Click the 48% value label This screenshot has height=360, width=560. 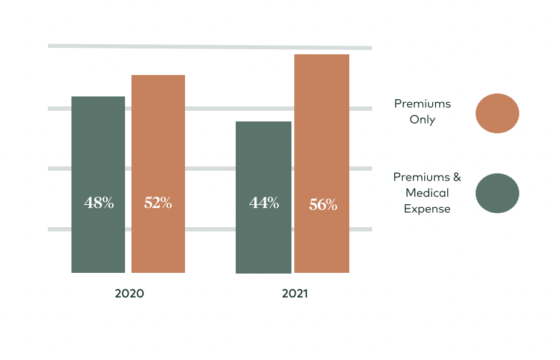[x=99, y=203]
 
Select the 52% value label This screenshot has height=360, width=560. [x=158, y=203]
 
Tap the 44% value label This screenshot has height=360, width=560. [x=264, y=203]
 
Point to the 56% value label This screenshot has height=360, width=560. [x=323, y=205]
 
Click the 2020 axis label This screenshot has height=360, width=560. [x=129, y=294]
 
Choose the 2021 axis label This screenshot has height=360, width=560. [x=294, y=294]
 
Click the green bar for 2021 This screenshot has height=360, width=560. [x=264, y=164]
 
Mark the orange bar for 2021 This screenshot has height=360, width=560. [x=321, y=129]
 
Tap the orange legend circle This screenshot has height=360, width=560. [x=497, y=114]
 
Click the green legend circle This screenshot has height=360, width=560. [x=497, y=193]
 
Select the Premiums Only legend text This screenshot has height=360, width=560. [x=423, y=111]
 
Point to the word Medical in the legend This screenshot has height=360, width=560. [x=427, y=193]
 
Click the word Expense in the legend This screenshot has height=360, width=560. [x=427, y=209]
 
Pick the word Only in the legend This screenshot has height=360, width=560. [x=423, y=120]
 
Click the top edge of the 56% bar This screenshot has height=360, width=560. [x=321, y=55]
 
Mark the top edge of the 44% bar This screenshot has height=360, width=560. [x=264, y=122]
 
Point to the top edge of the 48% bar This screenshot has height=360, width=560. [x=99, y=97]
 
